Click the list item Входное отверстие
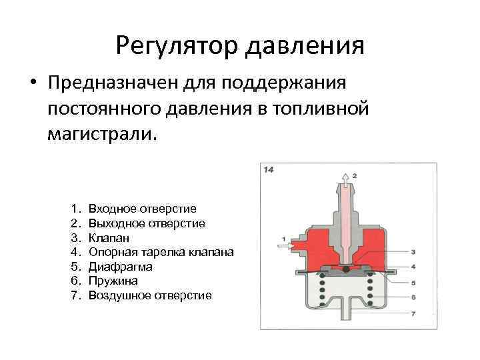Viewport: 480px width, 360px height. click(x=142, y=209)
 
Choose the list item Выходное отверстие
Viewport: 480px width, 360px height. click(x=147, y=223)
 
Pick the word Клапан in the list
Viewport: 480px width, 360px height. click(x=109, y=237)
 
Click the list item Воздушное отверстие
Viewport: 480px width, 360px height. click(x=149, y=295)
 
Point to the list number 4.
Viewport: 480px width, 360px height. click(x=75, y=252)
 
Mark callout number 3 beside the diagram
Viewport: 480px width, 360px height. click(x=413, y=252)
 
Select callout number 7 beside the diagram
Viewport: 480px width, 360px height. click(x=413, y=313)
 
